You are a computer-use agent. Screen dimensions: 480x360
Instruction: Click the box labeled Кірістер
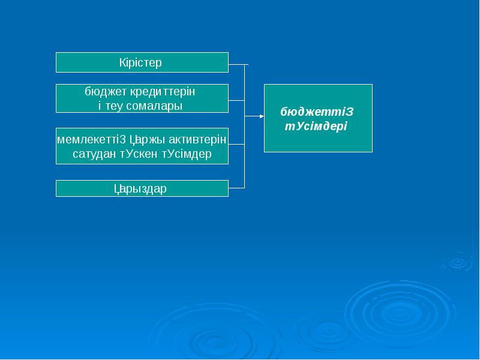142,62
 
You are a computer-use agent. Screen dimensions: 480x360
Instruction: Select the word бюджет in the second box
106,92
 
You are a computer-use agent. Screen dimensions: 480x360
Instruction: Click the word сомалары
158,106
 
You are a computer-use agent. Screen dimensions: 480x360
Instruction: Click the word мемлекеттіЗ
91,140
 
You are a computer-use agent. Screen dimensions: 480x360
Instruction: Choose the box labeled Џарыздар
142,188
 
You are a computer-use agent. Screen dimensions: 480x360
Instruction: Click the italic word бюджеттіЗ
317,112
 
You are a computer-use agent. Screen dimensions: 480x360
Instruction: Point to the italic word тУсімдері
316,127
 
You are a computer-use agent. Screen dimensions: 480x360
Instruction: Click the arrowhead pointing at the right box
261,116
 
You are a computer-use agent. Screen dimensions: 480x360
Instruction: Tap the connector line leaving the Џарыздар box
236,188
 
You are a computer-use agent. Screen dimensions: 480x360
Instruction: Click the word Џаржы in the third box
146,140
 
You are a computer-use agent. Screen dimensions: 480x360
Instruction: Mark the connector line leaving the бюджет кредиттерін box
236,99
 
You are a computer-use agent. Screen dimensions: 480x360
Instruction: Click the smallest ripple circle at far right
457,262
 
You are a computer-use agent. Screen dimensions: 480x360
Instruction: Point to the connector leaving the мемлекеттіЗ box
236,145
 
